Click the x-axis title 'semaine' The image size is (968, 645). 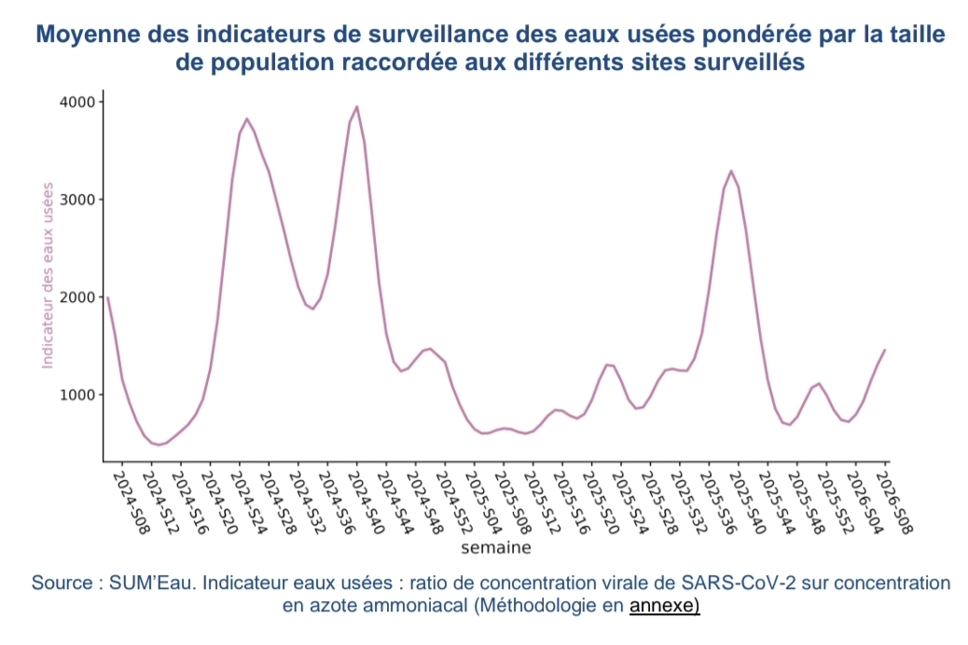495,547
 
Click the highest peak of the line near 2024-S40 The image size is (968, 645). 357,107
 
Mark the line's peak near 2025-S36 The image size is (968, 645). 731,171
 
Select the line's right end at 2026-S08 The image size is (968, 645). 884,350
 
